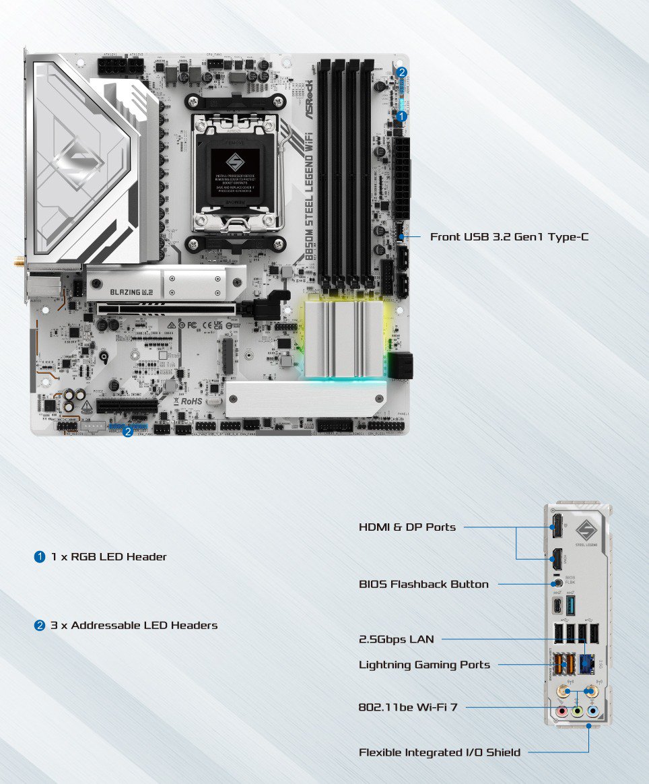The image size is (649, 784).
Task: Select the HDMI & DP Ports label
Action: pyautogui.click(x=407, y=527)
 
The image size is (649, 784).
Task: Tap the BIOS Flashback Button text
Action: pyautogui.click(x=423, y=584)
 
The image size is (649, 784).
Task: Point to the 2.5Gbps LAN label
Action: pyautogui.click(x=396, y=639)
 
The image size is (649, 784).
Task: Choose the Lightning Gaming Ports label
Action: pyautogui.click(x=424, y=665)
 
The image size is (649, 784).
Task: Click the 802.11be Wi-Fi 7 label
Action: pyautogui.click(x=408, y=707)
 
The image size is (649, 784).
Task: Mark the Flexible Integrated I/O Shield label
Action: pyautogui.click(x=439, y=752)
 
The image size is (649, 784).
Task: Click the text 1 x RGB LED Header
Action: pyautogui.click(x=108, y=557)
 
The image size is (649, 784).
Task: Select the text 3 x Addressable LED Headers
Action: pyautogui.click(x=134, y=625)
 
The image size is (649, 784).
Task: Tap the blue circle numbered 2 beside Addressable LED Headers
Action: pyautogui.click(x=40, y=625)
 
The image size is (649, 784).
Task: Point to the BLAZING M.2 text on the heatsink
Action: pyautogui.click(x=125, y=292)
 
